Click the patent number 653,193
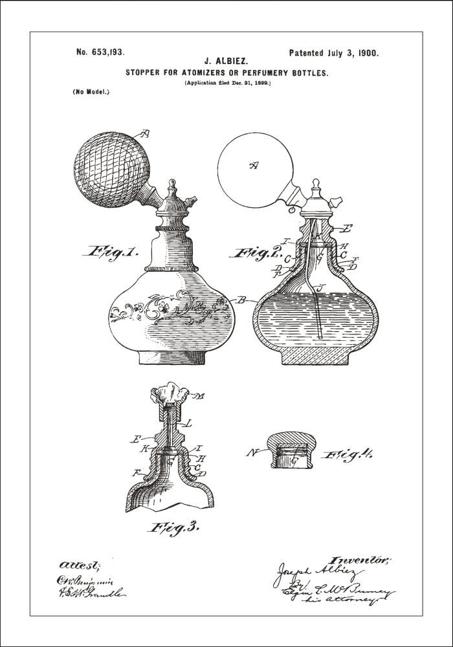pyautogui.click(x=100, y=53)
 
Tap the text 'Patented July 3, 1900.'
pyautogui.click(x=334, y=53)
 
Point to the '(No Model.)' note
pyautogui.click(x=91, y=92)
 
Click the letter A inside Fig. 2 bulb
pyautogui.click(x=254, y=166)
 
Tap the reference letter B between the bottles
pyautogui.click(x=241, y=300)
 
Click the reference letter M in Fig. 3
pyautogui.click(x=201, y=396)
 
